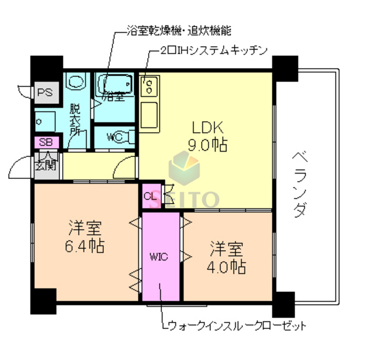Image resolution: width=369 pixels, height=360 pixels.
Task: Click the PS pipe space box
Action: [46, 92]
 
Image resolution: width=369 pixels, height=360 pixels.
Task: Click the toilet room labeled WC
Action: [115, 137]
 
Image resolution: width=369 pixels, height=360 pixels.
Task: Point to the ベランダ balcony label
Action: [300, 184]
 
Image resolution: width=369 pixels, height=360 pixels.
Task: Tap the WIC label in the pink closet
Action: [160, 257]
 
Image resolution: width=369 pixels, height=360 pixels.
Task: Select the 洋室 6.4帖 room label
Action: [85, 237]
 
